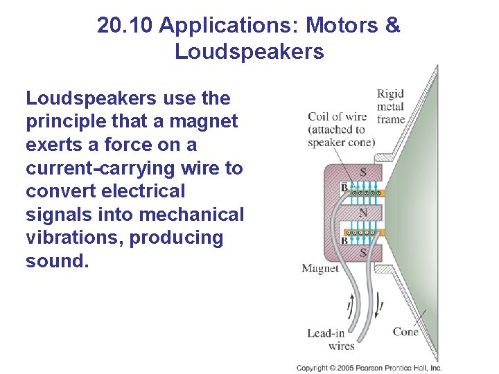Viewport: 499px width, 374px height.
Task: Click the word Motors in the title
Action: (342, 26)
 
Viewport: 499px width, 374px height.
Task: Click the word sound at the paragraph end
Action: (58, 261)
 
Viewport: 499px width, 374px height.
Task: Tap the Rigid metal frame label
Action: (390, 107)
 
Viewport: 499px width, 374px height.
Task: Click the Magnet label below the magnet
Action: (319, 268)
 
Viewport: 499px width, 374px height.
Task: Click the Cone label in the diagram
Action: (405, 332)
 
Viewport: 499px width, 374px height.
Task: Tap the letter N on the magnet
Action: (362, 212)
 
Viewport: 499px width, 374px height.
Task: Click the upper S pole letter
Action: (362, 171)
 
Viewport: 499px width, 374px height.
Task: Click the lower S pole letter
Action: (362, 253)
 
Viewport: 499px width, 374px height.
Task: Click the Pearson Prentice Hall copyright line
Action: (369, 368)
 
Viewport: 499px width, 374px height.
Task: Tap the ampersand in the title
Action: (392, 26)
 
